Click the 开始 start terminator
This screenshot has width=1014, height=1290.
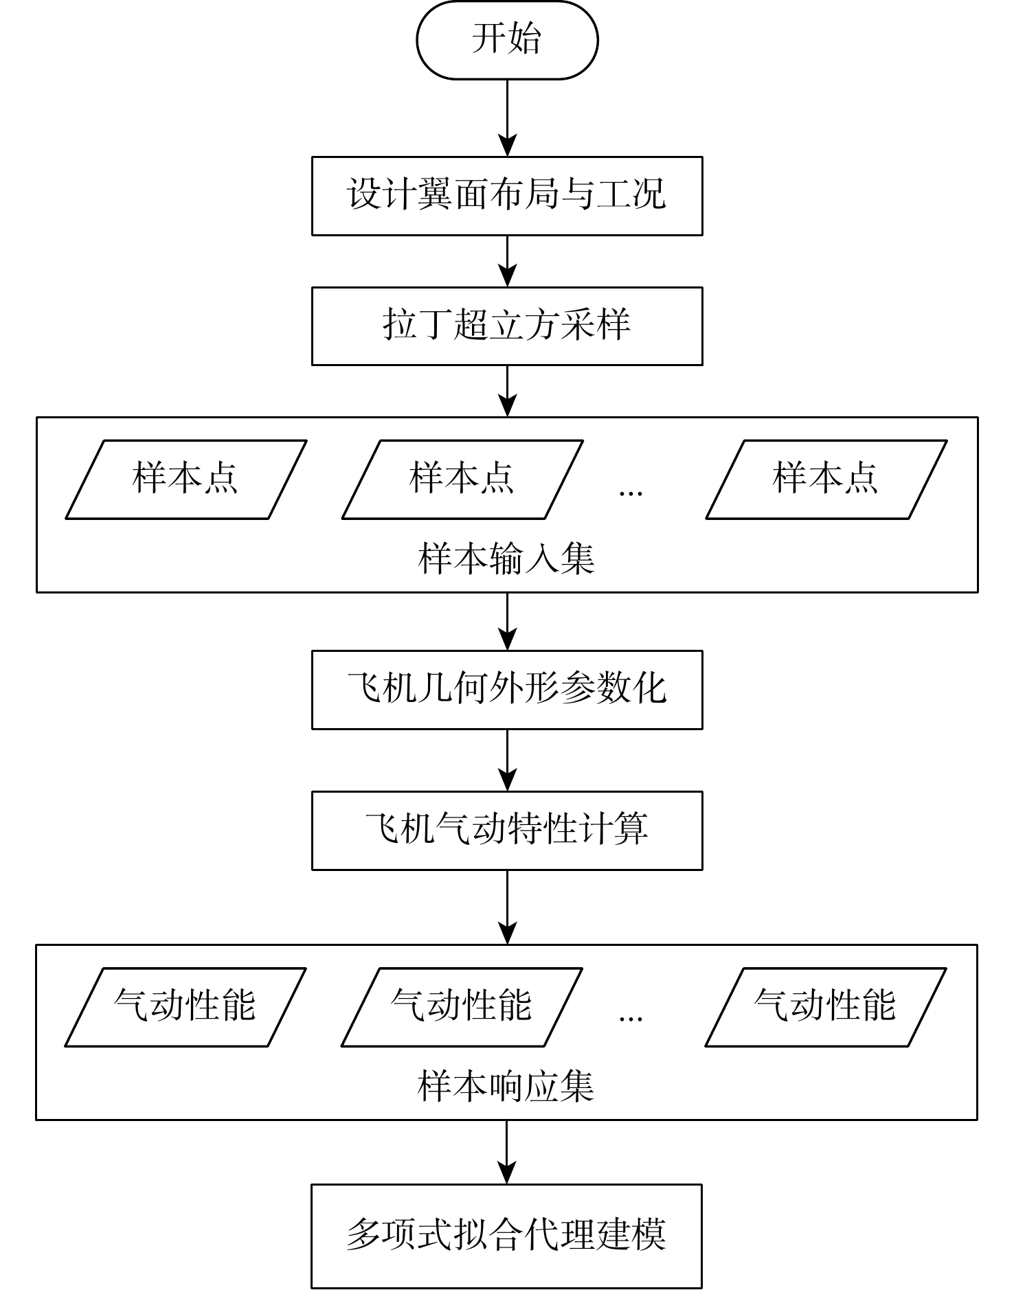point(507,40)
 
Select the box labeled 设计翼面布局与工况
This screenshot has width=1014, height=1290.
point(507,196)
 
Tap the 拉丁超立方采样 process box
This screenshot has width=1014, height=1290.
point(507,326)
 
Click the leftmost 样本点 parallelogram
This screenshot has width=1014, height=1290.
point(185,479)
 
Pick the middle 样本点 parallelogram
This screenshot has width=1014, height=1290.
point(462,479)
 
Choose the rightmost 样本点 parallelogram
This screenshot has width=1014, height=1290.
point(826,479)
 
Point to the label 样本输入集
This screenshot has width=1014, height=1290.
point(506,558)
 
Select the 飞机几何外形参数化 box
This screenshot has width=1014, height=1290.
point(507,690)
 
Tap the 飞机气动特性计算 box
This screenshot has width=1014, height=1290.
point(507,830)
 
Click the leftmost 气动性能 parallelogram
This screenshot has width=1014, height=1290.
point(185,1007)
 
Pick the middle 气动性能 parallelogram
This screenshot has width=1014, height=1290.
point(462,1007)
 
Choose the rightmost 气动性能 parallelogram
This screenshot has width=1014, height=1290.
point(826,1007)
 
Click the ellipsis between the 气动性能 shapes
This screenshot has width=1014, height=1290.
point(631,1018)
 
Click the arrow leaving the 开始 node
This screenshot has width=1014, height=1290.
point(507,117)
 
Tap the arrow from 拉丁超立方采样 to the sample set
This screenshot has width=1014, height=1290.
point(507,390)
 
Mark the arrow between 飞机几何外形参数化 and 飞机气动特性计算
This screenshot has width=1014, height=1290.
point(507,760)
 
